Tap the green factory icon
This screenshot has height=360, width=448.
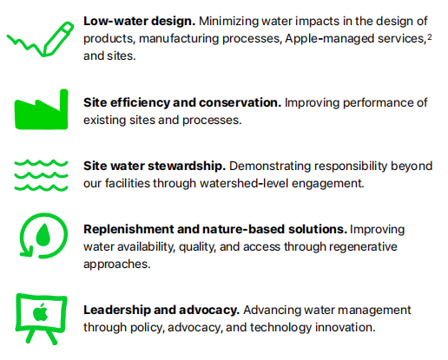tap(42, 109)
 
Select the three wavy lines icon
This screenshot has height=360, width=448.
tap(41, 175)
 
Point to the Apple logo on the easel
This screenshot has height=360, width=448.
tap(41, 312)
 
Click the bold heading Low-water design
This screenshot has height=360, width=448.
tap(140, 21)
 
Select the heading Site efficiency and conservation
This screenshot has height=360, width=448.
tap(182, 102)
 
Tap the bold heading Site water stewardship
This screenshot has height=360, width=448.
tap(155, 166)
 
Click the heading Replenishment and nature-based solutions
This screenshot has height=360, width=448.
tap(215, 229)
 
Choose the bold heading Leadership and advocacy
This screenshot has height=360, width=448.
tap(161, 310)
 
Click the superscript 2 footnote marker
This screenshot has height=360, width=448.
tap(430, 36)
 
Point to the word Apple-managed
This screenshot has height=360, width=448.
tap(329, 39)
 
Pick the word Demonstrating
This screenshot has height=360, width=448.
tap(270, 167)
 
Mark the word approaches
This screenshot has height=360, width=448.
tap(117, 265)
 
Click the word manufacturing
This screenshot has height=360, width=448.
tap(179, 39)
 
